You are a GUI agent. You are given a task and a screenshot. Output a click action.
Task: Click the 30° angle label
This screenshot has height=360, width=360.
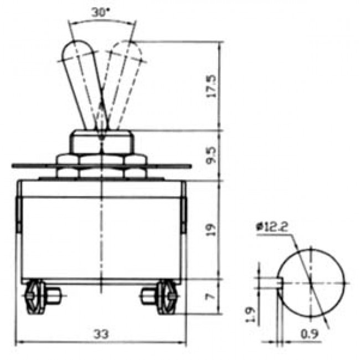pyautogui.click(x=101, y=12)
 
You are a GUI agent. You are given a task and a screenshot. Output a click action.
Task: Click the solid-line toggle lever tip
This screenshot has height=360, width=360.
pyautogui.click(x=75, y=51)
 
